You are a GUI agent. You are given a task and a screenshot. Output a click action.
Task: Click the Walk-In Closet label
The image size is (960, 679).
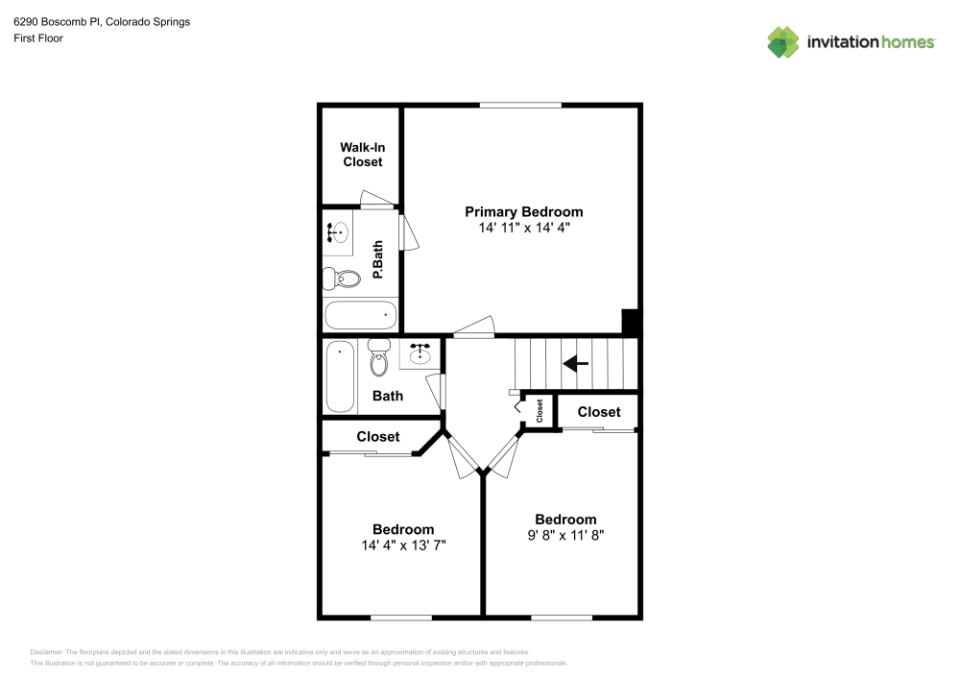tap(361, 155)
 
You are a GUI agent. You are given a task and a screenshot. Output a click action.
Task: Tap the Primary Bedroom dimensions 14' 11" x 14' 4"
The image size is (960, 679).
tap(523, 229)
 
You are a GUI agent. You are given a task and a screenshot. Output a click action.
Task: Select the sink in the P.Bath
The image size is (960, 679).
tap(337, 231)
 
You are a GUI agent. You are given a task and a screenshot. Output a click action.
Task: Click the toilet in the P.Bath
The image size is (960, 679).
tap(342, 279)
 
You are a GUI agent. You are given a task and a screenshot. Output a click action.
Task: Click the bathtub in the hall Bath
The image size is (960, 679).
tap(340, 376)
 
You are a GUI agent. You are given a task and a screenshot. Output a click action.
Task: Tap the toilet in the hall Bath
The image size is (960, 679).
tap(379, 357)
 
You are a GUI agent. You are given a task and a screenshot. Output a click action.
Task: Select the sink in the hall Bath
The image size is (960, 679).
tap(420, 355)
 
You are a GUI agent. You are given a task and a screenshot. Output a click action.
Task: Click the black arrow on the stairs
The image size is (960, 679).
tap(575, 363)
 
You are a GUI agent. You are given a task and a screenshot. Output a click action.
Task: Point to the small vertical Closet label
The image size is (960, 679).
tap(540, 411)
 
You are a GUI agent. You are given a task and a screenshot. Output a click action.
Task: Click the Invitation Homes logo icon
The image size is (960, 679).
tap(783, 41)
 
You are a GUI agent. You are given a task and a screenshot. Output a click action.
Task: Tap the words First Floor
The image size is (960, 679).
tap(38, 38)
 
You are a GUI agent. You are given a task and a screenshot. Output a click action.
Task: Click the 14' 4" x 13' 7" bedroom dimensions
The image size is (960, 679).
tap(403, 545)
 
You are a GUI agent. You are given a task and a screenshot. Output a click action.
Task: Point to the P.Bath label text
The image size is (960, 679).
tap(378, 260)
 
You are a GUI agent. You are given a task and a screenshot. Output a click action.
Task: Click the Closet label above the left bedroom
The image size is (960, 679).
tap(378, 437)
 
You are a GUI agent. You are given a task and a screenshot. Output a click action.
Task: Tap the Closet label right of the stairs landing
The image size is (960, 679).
tap(599, 412)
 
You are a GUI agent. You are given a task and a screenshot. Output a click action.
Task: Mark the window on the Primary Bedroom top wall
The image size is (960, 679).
tap(520, 104)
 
